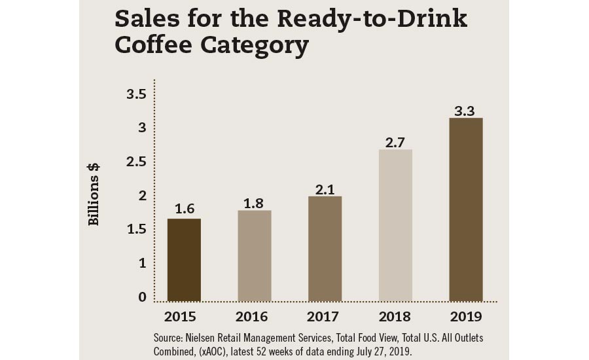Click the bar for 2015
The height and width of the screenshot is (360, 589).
tap(184, 260)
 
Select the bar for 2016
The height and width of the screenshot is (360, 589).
tap(255, 256)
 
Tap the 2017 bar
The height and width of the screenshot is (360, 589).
tap(325, 249)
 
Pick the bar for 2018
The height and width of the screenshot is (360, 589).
tap(395, 225)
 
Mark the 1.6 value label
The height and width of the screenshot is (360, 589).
tap(184, 209)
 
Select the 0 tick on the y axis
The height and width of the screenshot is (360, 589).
tap(142, 297)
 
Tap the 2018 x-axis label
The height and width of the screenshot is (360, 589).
tap(395, 317)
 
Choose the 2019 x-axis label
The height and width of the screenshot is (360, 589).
tap(465, 317)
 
